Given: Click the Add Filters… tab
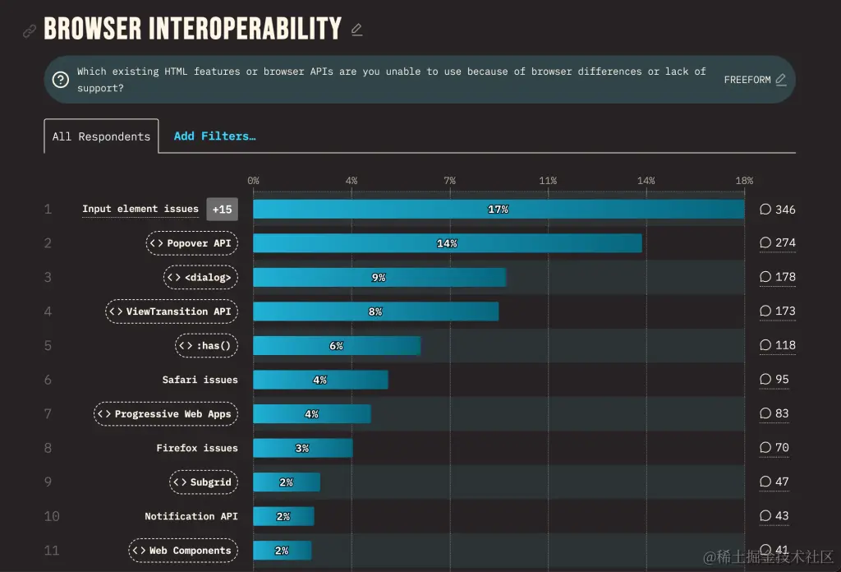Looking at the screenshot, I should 214,136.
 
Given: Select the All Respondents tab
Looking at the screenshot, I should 101,136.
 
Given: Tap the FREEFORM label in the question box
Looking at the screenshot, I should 747,80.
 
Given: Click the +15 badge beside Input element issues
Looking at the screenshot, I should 222,210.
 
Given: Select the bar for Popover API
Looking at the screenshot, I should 447,243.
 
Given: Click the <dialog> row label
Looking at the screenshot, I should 200,277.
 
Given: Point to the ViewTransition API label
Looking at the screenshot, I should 172,311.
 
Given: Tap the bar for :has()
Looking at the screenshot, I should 337,346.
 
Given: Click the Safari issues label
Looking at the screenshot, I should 200,380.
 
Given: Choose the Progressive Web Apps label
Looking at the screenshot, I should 166,414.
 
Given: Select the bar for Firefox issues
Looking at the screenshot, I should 302,448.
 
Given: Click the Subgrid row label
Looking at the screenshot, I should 204,482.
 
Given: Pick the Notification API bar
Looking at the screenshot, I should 283,516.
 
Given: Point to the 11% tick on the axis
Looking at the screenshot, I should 548,181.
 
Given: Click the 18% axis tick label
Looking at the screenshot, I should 744,181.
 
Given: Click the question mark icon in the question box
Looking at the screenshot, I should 60,80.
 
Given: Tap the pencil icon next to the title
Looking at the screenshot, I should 356,30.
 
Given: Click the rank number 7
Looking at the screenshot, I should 48,414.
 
